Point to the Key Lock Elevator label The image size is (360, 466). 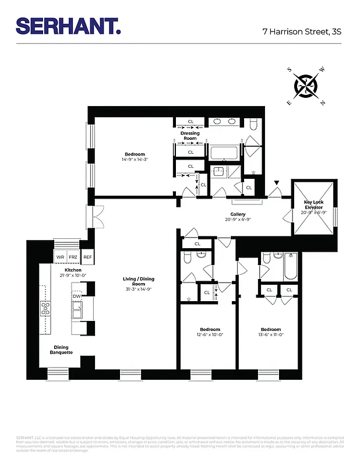click(315, 208)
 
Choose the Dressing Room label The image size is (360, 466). click(190, 136)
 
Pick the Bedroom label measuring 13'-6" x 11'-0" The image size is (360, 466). click(270, 331)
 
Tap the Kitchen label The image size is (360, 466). click(73, 273)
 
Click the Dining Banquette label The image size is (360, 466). click(61, 349)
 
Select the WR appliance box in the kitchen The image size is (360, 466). click(60, 257)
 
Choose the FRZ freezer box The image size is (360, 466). click(73, 257)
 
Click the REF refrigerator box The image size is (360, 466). click(87, 257)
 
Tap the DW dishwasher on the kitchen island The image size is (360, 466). click(76, 296)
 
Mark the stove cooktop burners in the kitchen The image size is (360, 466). click(45, 308)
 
